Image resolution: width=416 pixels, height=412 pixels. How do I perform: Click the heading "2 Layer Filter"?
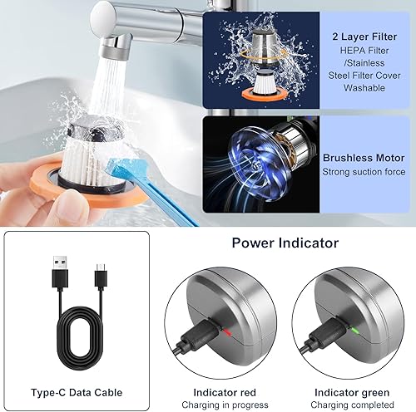click(364, 37)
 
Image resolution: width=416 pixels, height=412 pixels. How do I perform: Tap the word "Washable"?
click(364, 88)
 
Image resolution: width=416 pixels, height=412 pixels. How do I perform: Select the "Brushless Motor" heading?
click(364, 158)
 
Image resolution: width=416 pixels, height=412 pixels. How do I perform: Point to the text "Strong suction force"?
click(364, 172)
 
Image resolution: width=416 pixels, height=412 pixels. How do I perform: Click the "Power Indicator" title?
click(285, 243)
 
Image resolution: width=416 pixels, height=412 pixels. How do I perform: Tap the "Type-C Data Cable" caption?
click(77, 392)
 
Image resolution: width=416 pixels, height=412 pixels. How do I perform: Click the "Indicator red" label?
click(225, 392)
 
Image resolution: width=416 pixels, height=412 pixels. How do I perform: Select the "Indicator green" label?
click(352, 392)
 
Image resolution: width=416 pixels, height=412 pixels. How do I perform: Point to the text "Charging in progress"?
click(225, 405)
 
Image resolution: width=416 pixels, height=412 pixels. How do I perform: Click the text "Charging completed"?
click(352, 405)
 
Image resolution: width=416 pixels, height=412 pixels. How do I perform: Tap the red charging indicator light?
click(227, 332)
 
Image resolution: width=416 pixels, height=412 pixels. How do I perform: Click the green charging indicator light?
click(354, 331)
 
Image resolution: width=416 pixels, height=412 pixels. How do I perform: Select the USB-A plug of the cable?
click(60, 272)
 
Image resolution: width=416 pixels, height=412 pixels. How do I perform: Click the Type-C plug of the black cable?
click(101, 276)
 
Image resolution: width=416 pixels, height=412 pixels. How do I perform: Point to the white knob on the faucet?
click(102, 17)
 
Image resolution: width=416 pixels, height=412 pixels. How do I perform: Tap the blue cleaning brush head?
click(121, 169)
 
